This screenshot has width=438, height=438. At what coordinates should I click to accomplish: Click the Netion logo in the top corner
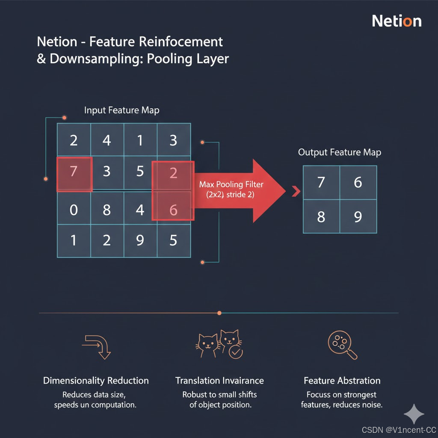397,21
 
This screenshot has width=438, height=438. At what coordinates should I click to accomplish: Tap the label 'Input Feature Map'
121,110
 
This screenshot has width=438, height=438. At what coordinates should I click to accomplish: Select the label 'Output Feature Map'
339,152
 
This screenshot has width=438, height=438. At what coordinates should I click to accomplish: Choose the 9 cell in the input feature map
140,241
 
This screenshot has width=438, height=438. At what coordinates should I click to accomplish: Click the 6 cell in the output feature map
358,183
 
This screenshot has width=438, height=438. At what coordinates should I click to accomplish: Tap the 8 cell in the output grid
321,217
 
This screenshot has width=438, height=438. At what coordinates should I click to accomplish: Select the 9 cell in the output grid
358,217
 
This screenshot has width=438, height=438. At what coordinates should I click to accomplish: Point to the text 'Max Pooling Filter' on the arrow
231,184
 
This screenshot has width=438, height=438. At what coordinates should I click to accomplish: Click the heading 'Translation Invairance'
219,381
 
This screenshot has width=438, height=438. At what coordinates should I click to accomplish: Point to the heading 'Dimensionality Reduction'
96,381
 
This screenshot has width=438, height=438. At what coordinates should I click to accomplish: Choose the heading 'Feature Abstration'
342,381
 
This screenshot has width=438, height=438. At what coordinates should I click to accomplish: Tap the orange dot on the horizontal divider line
219,313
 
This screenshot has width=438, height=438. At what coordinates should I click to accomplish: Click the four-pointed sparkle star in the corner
414,414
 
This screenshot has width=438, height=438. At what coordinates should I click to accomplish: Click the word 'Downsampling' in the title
97,58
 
